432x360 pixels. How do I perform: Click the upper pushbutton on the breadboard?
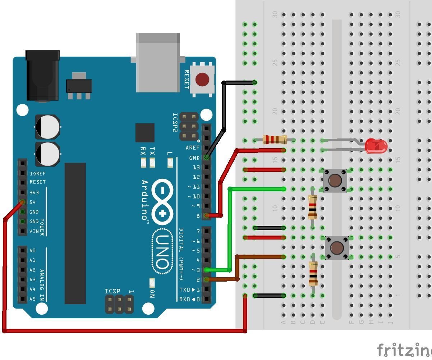click(335, 180)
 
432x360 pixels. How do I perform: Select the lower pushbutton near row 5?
click(337, 247)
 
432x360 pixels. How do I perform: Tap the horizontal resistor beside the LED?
click(275, 140)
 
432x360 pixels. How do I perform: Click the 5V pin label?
click(33, 202)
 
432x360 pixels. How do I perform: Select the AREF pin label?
click(193, 148)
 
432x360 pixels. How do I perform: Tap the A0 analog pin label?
click(33, 251)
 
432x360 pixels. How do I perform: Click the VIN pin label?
click(34, 231)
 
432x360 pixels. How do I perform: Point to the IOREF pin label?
click(38, 174)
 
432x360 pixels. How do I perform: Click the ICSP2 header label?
click(175, 123)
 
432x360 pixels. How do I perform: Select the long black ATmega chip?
click(75, 233)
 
